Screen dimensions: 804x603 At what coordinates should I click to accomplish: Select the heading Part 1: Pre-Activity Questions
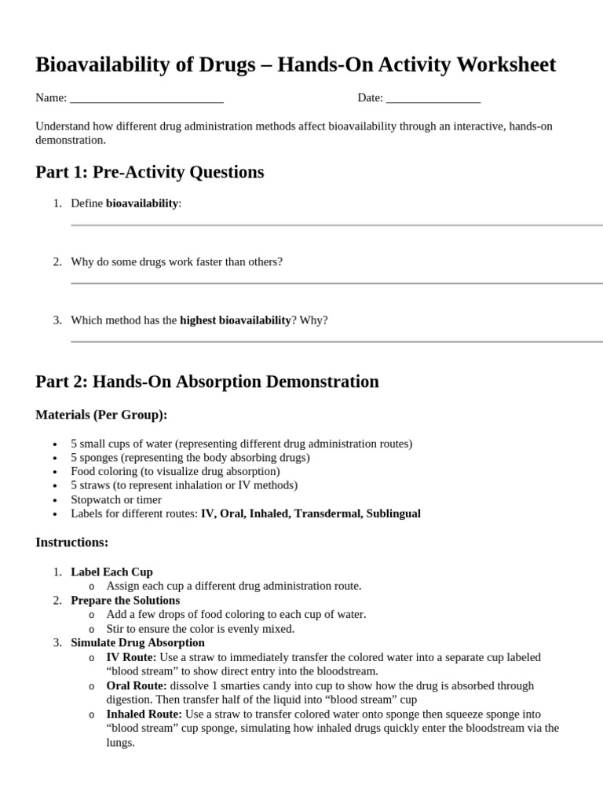click(x=150, y=172)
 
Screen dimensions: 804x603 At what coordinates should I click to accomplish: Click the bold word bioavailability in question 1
click(x=142, y=203)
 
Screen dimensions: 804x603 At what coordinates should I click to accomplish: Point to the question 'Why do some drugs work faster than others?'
click(x=177, y=261)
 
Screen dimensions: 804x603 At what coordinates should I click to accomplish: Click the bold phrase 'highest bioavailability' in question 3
click(x=236, y=320)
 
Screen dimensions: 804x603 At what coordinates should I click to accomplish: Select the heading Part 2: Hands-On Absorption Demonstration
click(x=207, y=382)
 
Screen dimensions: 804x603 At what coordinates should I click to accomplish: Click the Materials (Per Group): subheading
click(x=101, y=415)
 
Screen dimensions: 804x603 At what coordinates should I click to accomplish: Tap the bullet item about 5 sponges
click(x=190, y=457)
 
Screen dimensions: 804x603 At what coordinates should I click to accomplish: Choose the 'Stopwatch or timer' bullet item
click(x=116, y=499)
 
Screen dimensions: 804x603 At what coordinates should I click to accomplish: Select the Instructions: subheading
click(x=72, y=543)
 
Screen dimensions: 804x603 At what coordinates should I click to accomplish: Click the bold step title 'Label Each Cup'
click(x=111, y=572)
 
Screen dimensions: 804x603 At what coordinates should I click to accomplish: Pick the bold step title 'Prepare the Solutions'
click(x=125, y=600)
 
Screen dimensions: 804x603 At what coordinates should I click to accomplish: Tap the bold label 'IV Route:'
click(x=131, y=657)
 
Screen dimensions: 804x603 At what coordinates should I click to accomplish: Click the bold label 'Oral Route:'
click(x=137, y=685)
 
